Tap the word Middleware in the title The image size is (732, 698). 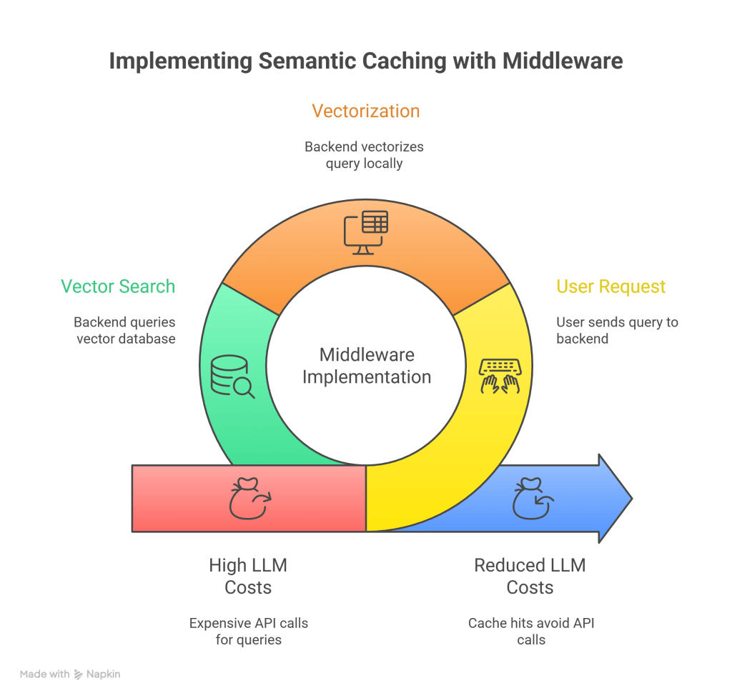coord(562,61)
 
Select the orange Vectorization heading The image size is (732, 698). coord(365,111)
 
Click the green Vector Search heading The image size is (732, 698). coord(118,286)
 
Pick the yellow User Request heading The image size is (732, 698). coord(610,286)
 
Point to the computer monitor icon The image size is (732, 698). coord(366,232)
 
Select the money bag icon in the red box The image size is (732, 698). coord(249,499)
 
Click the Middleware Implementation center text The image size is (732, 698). coord(366,366)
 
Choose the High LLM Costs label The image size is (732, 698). coord(248,577)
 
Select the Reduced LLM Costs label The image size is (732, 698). coord(530,577)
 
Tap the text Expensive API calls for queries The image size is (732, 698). coord(248,632)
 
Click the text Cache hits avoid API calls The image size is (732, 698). coord(530,632)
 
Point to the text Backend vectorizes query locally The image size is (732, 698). coord(364,155)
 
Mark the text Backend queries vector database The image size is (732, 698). coord(124,331)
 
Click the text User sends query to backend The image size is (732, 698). coord(616,331)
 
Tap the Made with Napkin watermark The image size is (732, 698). coord(70,674)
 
